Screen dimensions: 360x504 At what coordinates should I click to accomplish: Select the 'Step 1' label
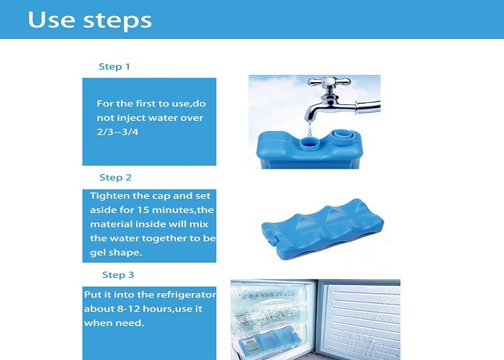(114, 67)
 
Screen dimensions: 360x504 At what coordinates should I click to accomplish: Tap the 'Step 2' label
(115, 178)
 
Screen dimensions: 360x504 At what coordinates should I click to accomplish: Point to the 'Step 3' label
(118, 275)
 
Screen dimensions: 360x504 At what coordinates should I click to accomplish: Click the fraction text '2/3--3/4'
(117, 132)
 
